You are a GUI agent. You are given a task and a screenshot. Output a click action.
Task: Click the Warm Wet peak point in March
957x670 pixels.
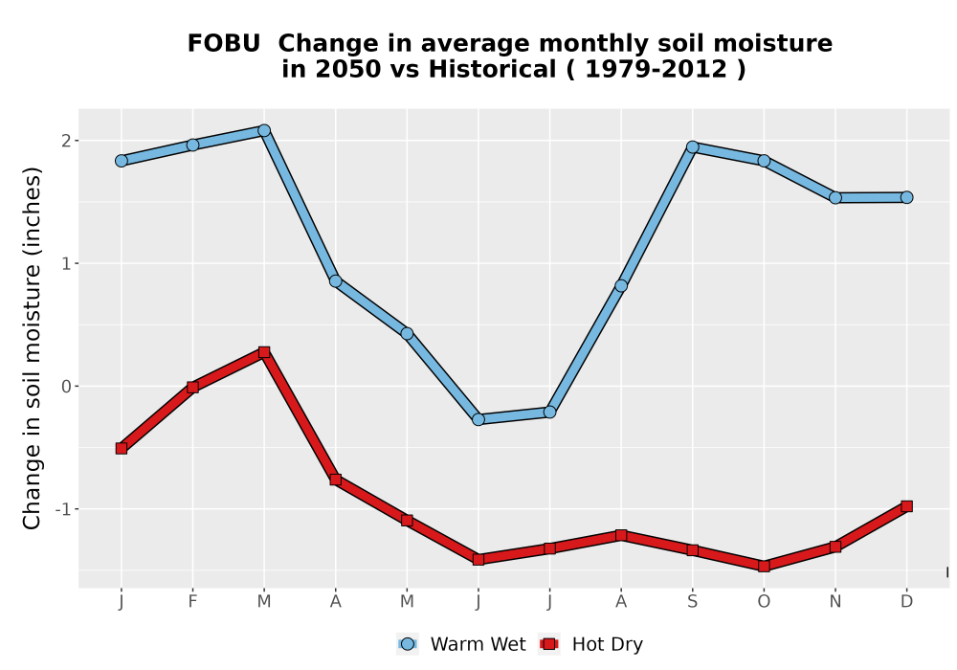coord(264,130)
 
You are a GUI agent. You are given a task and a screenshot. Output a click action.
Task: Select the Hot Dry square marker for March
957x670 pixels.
coord(264,352)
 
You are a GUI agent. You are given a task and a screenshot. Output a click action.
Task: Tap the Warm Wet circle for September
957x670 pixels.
coord(693,147)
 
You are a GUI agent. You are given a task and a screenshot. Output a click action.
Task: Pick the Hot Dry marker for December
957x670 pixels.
coord(907,506)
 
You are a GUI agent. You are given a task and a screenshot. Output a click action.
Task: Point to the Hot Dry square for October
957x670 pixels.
coord(764,567)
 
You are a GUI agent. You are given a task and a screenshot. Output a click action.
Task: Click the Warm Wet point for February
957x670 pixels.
coord(193,145)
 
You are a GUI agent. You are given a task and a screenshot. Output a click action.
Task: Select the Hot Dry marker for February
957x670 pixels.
coord(193,387)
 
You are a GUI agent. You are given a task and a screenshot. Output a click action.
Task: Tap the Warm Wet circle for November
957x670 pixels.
coord(835,198)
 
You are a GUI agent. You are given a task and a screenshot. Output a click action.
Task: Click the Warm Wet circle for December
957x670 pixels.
coord(907,198)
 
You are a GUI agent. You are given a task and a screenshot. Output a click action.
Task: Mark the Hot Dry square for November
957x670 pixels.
coord(835,547)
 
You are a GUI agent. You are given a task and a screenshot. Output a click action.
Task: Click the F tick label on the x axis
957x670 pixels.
coord(193,602)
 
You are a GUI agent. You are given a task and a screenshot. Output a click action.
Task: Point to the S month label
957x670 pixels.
coord(693,602)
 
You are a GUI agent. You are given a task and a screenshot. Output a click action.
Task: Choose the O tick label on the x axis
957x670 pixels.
coord(764,602)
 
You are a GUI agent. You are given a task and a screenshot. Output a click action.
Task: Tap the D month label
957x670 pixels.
coord(907,602)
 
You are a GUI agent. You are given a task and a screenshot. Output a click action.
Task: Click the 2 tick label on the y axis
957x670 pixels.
coord(67,141)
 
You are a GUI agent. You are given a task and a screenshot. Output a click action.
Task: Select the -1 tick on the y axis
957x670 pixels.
coord(63,509)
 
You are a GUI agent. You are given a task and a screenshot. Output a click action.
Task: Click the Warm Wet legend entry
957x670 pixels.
coord(461,644)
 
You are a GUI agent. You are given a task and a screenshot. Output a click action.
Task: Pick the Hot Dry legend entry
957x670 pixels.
coord(590,644)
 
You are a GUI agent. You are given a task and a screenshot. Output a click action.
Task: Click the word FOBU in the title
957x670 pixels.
coord(224,44)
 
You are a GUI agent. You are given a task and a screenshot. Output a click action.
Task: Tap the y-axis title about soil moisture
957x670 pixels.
coord(32,348)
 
